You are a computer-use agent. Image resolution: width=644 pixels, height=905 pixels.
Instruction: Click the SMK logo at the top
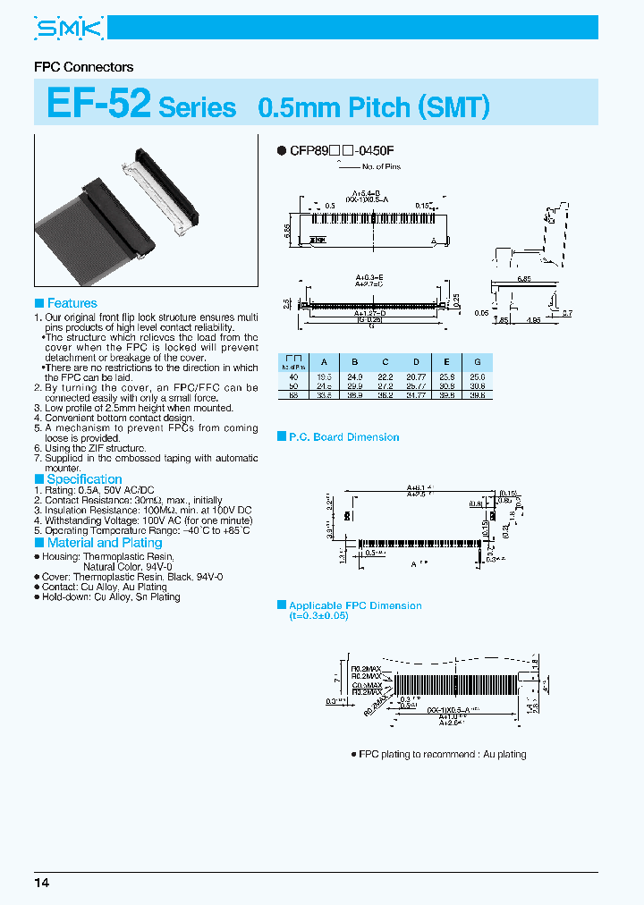[x=70, y=30]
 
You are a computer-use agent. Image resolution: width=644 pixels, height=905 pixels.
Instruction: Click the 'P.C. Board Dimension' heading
[x=343, y=437]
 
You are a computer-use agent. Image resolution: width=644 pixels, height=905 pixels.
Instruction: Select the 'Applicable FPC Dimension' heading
[x=355, y=605]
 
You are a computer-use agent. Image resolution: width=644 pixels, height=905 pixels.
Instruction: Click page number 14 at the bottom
[x=42, y=883]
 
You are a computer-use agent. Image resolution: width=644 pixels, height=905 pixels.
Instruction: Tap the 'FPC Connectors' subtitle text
[x=83, y=67]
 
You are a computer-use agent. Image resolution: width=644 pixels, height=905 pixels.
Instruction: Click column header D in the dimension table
[x=415, y=362]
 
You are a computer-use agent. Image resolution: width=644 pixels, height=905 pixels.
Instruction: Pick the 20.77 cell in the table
[x=415, y=376]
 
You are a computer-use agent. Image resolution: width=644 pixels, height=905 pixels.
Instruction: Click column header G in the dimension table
[x=477, y=362]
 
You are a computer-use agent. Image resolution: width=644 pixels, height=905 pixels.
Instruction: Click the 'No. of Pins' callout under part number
[x=383, y=167]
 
